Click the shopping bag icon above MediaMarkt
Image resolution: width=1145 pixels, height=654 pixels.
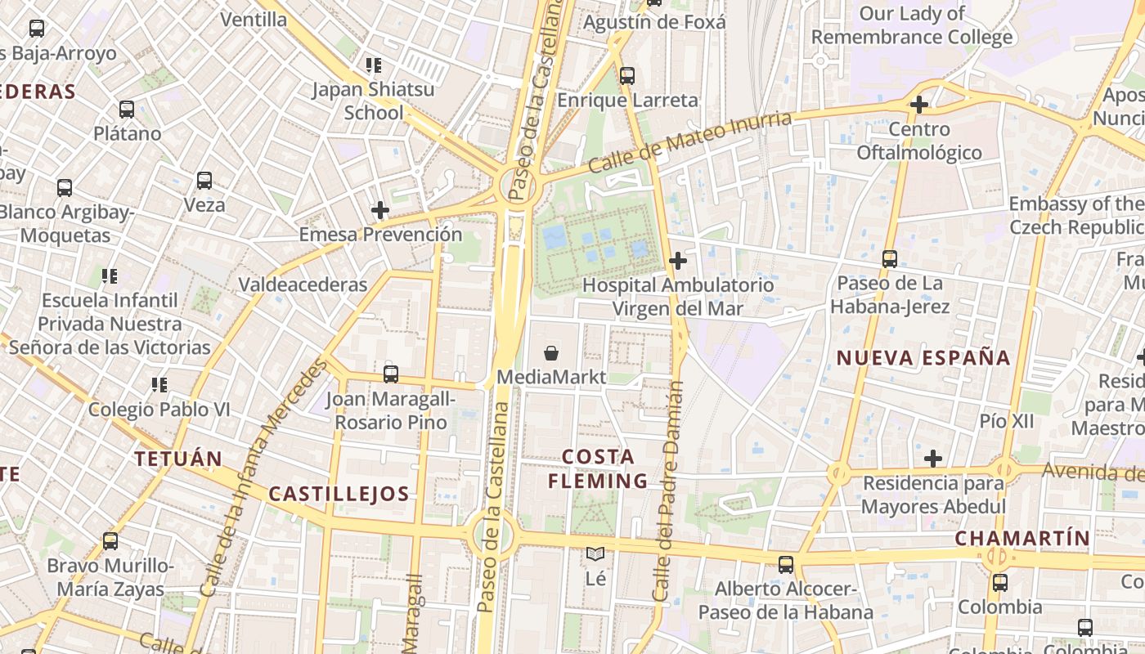551,353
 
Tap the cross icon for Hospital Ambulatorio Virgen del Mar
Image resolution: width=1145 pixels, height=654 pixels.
677,261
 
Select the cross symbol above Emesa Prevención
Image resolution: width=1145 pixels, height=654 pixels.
379,210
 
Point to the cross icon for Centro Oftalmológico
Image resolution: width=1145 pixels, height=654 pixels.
918,105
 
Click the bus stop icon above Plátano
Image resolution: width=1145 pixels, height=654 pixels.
126,110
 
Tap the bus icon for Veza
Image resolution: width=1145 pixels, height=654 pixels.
204,181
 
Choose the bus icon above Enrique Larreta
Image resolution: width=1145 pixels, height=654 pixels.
626,76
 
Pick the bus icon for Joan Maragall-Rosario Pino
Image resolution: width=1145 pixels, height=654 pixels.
390,374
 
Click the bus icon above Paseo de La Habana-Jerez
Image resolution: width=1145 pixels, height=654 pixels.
889,259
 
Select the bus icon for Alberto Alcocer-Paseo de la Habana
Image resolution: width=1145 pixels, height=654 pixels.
785,564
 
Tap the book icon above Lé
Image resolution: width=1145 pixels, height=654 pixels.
595,554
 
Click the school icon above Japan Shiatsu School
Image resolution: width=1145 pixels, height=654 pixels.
373,65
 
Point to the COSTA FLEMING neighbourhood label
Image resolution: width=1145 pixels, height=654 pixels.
598,468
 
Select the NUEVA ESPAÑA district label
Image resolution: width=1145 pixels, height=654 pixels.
923,357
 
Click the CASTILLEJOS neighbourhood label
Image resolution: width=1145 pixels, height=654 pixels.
339,494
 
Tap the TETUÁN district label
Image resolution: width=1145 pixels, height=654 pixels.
178,459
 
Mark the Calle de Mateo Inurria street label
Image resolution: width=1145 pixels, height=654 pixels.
689,142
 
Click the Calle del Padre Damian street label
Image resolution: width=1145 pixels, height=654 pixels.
668,490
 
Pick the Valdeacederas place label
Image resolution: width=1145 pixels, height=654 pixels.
303,284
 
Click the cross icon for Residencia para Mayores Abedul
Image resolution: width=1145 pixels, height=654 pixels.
932,459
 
